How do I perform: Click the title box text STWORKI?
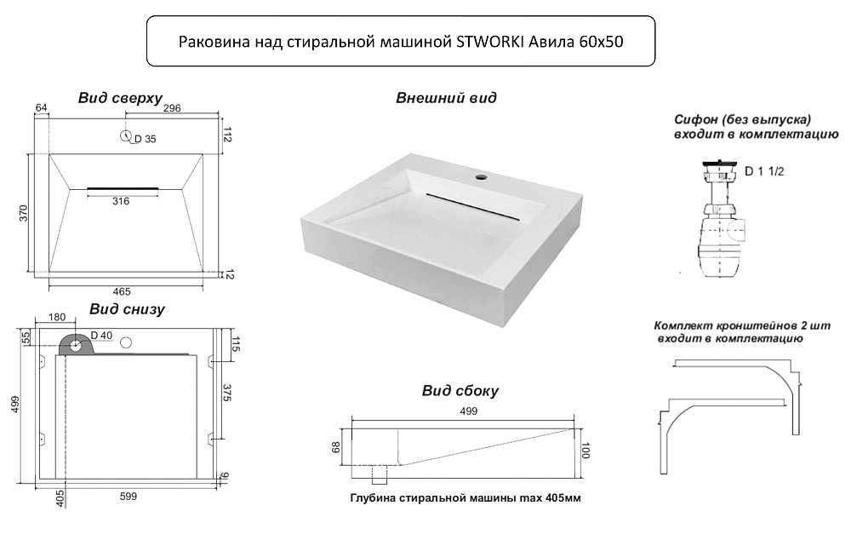(490, 42)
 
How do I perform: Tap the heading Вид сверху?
(120, 98)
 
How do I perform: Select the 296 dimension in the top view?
(172, 108)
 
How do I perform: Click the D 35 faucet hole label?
(145, 139)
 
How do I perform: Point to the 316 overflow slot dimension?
(121, 201)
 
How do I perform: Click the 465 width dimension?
(122, 292)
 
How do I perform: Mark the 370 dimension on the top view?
(23, 213)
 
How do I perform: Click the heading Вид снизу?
(127, 309)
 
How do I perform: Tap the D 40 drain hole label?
(101, 336)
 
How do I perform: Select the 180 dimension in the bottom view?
(57, 317)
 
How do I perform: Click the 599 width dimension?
(129, 496)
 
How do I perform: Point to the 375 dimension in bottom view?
(227, 393)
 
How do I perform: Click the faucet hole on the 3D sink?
(481, 176)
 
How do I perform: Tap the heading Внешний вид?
(446, 98)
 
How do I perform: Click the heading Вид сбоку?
(460, 391)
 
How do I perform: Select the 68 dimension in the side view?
(336, 447)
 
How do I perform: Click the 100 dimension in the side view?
(585, 451)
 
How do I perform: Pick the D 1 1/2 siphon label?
(764, 172)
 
